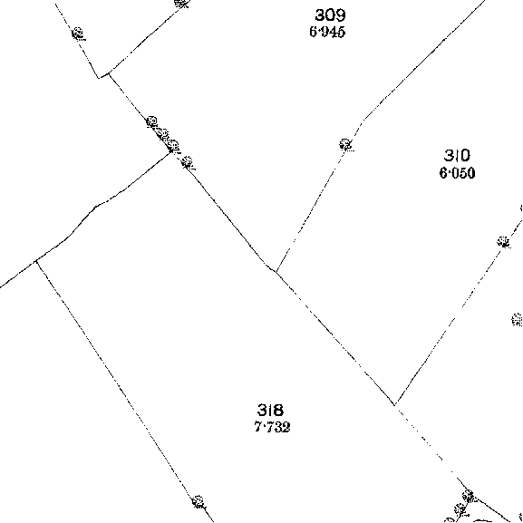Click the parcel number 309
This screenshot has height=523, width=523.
click(x=331, y=15)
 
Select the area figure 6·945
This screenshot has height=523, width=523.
click(x=327, y=32)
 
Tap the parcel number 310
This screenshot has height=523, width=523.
click(x=457, y=156)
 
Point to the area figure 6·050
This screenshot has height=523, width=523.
click(x=457, y=173)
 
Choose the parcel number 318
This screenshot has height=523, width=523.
click(x=270, y=410)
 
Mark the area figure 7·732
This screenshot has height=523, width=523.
click(x=272, y=427)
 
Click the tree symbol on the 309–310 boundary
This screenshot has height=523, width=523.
click(x=345, y=145)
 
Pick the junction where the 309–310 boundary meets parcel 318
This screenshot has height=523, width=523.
click(x=276, y=272)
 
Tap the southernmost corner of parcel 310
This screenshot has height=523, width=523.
click(x=394, y=405)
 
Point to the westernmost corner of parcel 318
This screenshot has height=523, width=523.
click(x=36, y=261)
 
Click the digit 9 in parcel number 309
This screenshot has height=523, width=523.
click(x=341, y=15)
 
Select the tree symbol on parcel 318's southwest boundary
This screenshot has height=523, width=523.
click(x=199, y=501)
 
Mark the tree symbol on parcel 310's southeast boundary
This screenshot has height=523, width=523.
click(x=503, y=242)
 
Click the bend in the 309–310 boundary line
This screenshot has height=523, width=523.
click(x=363, y=120)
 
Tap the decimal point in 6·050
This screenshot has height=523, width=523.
click(x=450, y=173)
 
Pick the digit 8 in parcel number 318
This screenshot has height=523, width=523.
click(x=279, y=410)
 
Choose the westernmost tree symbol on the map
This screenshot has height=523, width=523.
click(x=78, y=34)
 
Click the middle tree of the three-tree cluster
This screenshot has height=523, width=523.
click(x=163, y=134)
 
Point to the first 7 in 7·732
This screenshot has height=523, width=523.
click(x=257, y=427)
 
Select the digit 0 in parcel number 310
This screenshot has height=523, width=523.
click(x=465, y=156)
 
